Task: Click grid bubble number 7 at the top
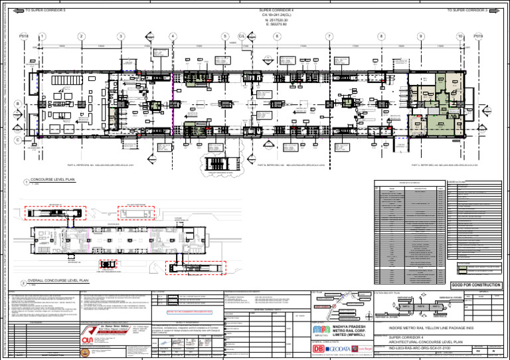[x=329, y=37]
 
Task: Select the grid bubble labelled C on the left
[x=17, y=140]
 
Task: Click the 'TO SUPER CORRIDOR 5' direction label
[x=46, y=11]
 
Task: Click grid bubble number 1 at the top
[x=42, y=37]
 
